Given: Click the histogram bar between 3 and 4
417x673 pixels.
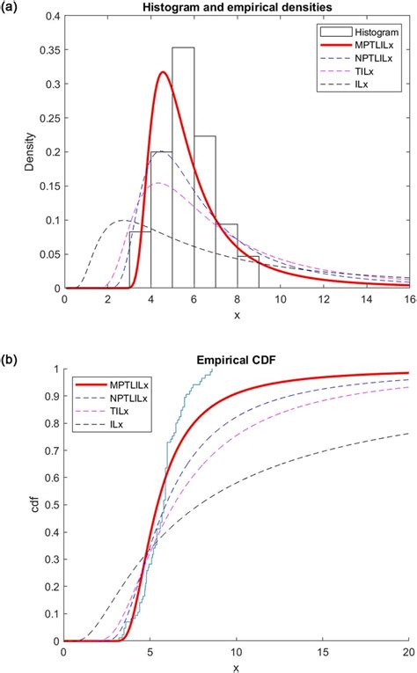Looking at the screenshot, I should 140,260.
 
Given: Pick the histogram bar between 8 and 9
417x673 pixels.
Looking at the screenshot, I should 248,272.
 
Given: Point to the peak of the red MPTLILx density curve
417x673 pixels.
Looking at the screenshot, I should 164,73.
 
